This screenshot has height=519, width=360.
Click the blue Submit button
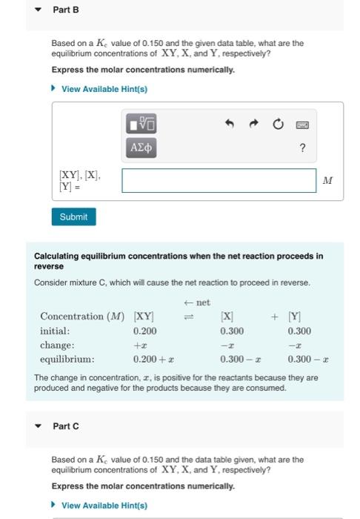(73, 216)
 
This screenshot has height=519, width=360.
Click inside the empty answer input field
(219, 181)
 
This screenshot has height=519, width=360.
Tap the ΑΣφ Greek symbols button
(141, 148)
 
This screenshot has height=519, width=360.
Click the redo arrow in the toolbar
(254, 124)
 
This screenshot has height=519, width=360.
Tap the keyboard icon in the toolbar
(303, 125)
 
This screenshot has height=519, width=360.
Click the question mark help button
(303, 148)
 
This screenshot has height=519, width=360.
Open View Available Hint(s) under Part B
(104, 89)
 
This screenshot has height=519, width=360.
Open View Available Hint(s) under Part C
(104, 506)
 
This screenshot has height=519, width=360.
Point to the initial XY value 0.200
(144, 331)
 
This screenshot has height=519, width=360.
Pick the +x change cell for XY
(140, 346)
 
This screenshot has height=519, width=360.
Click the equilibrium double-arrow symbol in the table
(187, 317)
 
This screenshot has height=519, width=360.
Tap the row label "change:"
(57, 346)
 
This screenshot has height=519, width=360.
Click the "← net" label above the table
(196, 303)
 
